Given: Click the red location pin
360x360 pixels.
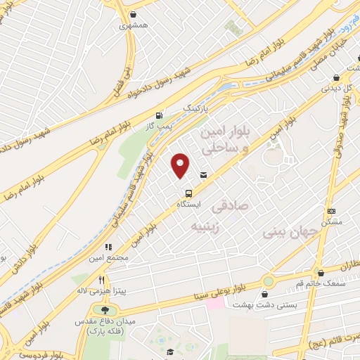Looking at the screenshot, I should (181, 165).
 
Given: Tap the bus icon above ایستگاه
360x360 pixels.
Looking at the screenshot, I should (188, 193).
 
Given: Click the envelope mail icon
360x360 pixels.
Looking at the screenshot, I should (203, 175).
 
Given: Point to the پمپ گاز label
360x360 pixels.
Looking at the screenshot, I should (158, 125).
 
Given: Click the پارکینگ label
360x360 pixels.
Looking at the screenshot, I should (196, 108).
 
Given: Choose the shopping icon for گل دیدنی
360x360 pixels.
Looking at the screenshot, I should (337, 78).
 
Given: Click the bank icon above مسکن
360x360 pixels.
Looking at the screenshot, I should (332, 211).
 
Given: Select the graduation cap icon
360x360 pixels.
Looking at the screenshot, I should (170, 352).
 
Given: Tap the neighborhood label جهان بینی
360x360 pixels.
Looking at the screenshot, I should (285, 231).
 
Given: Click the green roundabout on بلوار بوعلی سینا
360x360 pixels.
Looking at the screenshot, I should (267, 281).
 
